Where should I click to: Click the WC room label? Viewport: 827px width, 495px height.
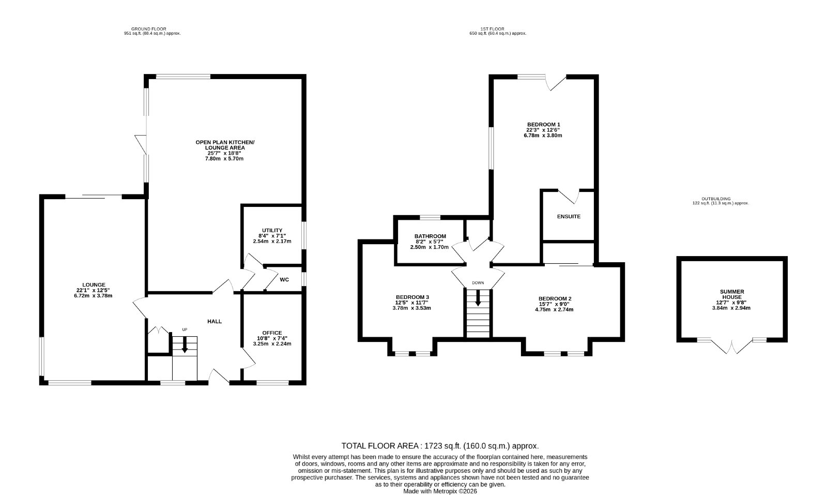pos(284,280)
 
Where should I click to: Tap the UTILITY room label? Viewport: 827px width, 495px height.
pos(272,231)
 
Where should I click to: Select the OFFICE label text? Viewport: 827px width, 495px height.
pos(272,333)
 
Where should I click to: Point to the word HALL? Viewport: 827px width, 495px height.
pos(215,321)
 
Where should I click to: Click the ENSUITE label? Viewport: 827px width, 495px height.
pos(569,217)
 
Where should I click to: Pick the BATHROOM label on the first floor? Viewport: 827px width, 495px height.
pos(430,236)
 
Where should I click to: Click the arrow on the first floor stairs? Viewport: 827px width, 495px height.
pos(478,298)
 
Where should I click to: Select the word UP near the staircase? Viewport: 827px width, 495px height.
pos(185,329)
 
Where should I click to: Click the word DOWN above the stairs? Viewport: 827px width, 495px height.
pos(478,283)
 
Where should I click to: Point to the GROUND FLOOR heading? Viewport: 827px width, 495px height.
pos(149,29)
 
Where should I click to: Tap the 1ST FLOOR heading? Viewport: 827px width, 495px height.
pos(492,29)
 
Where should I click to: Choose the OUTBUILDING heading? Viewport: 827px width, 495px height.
pos(716,199)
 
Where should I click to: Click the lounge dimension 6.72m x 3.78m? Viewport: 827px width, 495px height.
pos(93,295)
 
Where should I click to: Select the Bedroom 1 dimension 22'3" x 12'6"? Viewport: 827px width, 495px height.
pos(543,130)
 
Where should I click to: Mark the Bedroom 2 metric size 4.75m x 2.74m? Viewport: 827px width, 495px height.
pos(554,309)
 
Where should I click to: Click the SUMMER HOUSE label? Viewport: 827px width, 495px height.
pos(732,294)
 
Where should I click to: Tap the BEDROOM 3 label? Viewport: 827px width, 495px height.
pos(412,297)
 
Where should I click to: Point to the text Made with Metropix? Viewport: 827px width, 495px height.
pos(430,491)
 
